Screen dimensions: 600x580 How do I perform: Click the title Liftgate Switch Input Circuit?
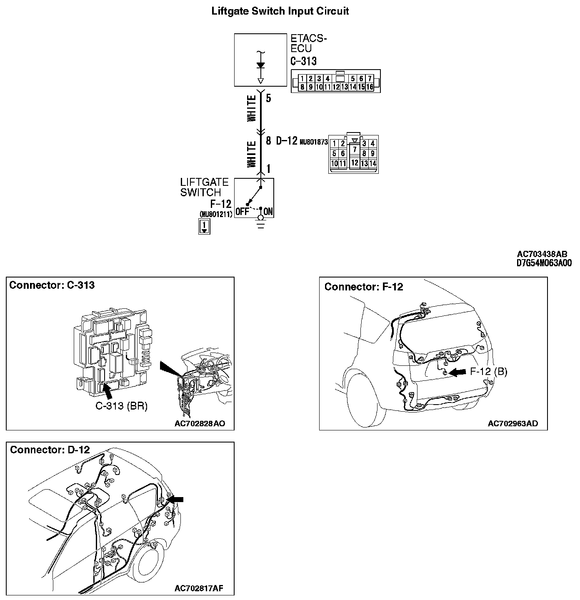[280, 11]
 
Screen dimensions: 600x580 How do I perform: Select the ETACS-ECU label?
[308, 43]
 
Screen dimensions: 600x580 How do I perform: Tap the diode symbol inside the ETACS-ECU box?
[261, 65]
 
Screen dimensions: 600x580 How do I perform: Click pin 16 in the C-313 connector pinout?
[370, 87]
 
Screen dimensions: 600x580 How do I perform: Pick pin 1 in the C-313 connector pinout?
[302, 79]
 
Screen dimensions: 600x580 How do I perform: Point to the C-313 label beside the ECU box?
[303, 61]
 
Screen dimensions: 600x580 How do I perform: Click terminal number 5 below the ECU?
[268, 98]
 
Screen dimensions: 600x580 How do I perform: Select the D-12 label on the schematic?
[287, 141]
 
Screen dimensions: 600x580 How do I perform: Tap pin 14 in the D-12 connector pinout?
[372, 163]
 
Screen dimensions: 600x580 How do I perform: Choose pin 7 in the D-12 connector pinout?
[354, 149]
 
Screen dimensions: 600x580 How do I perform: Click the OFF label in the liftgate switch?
[242, 212]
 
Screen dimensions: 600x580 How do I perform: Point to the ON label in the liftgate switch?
[269, 212]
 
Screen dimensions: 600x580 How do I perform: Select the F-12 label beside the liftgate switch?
[221, 204]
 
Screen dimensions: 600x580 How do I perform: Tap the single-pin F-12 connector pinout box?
[204, 226]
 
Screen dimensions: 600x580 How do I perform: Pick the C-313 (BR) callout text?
[122, 406]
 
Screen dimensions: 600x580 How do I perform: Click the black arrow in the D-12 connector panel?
[175, 499]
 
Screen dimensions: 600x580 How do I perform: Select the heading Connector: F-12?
[364, 287]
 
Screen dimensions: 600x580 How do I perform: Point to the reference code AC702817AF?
[199, 588]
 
